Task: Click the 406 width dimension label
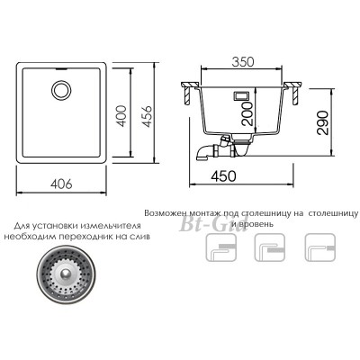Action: pos(61,184)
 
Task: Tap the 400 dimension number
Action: pos(121,116)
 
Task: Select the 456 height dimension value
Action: pos(145,116)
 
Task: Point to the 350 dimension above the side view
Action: pos(243,61)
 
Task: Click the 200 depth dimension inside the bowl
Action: pos(248,113)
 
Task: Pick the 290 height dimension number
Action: pos(323,122)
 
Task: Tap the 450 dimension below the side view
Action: pos(224,176)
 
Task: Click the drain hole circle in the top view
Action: pos(61,90)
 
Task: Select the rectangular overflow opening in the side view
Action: pos(241,95)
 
